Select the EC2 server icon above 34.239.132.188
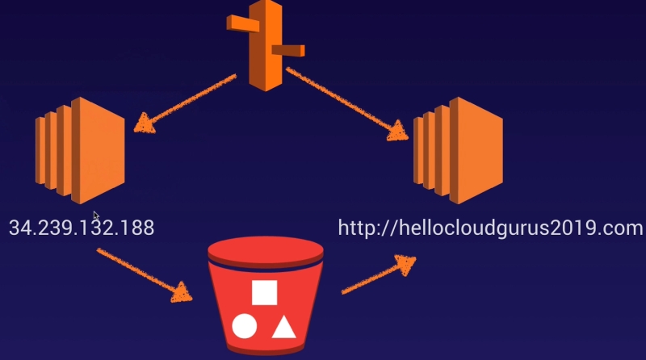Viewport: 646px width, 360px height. click(80, 150)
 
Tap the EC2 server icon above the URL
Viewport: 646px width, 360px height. click(458, 150)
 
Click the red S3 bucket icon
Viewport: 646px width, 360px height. click(263, 299)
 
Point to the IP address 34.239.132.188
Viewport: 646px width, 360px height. click(81, 228)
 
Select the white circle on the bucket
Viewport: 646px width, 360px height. click(244, 326)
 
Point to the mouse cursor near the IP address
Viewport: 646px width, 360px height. click(96, 216)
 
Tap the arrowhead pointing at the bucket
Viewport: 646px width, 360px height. click(186, 291)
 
